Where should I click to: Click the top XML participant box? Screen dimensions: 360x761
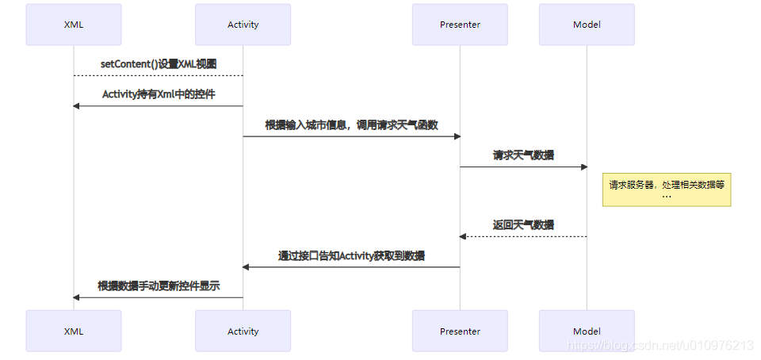(x=74, y=25)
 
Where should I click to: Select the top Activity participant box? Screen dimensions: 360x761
(x=243, y=25)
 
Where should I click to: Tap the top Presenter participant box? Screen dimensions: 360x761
(x=460, y=25)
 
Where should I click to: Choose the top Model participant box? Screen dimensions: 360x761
(x=587, y=25)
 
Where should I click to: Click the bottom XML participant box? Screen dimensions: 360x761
(x=74, y=331)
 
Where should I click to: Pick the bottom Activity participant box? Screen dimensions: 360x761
(x=243, y=331)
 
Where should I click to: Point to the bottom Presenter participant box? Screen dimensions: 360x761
(x=460, y=331)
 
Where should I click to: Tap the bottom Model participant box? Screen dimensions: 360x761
(x=587, y=331)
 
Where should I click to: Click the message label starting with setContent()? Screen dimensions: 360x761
(x=159, y=63)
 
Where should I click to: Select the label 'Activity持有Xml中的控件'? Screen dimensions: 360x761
(x=159, y=94)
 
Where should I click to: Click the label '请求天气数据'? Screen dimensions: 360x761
(x=523, y=155)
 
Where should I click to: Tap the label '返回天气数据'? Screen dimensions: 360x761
(x=523, y=224)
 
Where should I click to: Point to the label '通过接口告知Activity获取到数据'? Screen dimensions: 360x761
(x=351, y=255)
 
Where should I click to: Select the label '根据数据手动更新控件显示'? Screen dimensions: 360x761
(x=159, y=285)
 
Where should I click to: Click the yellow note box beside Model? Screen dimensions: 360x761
(x=666, y=190)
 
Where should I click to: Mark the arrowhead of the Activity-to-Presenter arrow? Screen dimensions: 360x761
(x=457, y=136)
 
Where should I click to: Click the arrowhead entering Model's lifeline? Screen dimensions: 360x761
(x=583, y=167)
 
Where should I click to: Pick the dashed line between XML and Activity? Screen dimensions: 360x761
(x=159, y=75)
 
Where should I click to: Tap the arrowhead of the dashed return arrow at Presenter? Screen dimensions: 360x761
(x=464, y=236)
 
